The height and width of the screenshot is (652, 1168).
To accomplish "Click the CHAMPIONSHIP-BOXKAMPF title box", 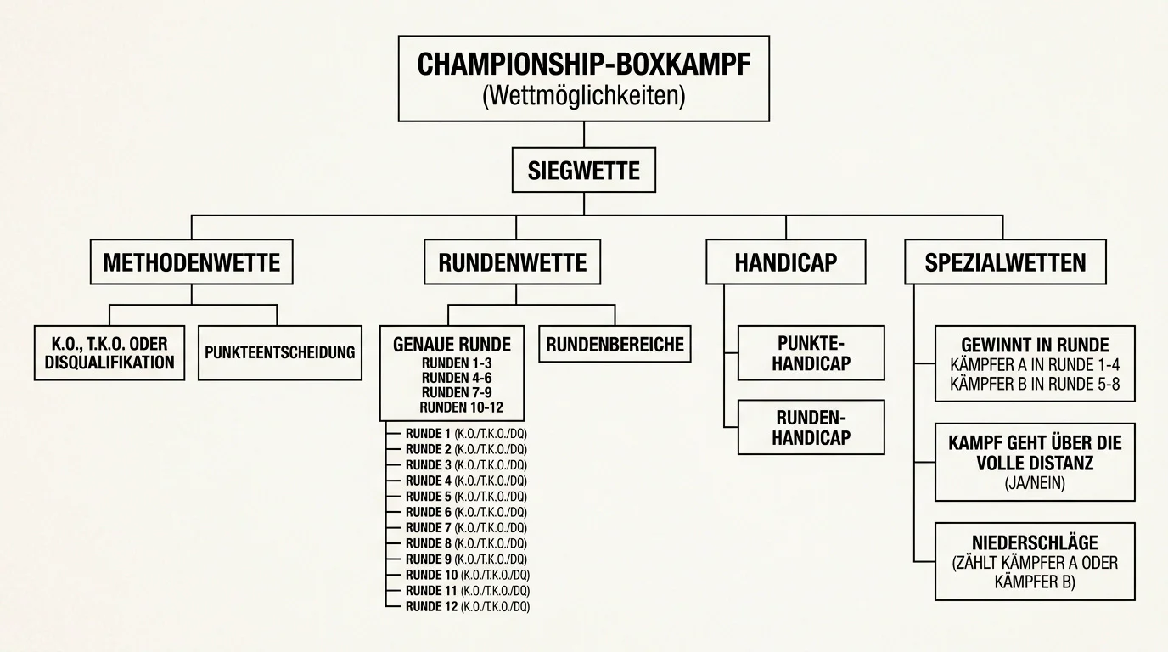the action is [x=583, y=79].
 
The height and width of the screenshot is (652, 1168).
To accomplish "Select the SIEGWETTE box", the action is [x=583, y=170].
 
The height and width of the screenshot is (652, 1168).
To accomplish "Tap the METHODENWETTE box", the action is [x=191, y=261].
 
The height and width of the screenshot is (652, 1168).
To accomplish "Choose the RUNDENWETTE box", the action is [x=512, y=261].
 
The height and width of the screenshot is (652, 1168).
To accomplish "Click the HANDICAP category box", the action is [x=786, y=261].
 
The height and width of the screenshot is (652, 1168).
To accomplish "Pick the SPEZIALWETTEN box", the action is [x=1005, y=261].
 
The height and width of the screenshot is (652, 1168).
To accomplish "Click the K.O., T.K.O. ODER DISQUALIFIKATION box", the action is [x=109, y=353].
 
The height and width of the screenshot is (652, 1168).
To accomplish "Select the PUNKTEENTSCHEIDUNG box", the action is [x=280, y=353].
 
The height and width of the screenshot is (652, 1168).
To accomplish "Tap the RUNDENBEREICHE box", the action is [x=615, y=345].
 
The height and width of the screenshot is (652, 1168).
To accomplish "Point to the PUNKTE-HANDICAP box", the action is [x=811, y=353].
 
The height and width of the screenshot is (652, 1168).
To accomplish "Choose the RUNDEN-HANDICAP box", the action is [x=811, y=427].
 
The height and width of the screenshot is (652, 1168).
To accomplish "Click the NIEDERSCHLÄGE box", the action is [x=1035, y=562].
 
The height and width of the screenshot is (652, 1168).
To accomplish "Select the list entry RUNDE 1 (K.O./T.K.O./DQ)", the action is [x=466, y=434].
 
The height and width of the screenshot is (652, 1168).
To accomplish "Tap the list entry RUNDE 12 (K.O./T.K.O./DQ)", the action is [x=468, y=607].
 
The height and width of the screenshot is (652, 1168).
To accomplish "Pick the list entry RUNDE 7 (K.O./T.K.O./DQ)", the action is [x=466, y=528].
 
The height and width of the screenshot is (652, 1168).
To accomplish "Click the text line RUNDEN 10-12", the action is [x=462, y=407].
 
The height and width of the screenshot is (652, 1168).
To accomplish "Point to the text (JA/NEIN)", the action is [x=1035, y=484].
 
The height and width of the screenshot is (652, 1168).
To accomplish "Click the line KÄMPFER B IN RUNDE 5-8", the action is [x=1035, y=385].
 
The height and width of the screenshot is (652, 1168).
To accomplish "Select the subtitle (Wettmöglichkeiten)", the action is [x=584, y=96].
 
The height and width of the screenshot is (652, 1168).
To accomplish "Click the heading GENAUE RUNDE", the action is [x=452, y=345].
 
